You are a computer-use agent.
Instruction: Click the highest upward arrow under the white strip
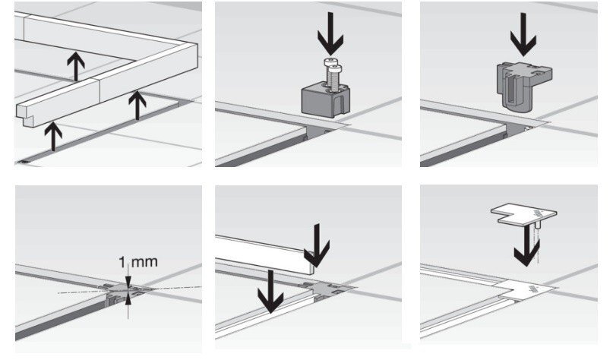tap(75, 66)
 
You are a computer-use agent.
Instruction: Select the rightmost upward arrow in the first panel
tap(137, 105)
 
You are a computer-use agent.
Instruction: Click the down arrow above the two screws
tap(332, 38)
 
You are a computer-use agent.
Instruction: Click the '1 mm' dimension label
tap(139, 263)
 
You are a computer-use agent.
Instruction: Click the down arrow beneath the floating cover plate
tap(523, 250)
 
